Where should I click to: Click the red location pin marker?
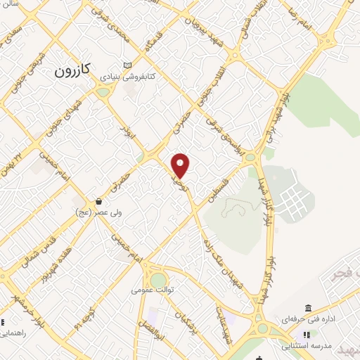181,165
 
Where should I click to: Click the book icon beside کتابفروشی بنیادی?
127,65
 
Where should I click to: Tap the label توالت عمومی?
157,288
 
